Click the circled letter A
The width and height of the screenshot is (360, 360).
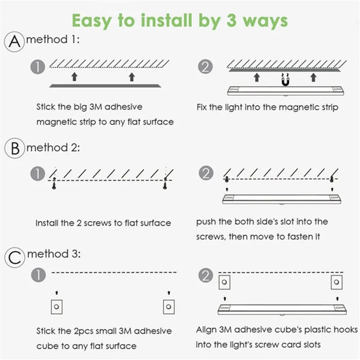click(x=14, y=42)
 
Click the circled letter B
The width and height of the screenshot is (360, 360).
click(x=14, y=148)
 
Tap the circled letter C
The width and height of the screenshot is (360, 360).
click(x=15, y=257)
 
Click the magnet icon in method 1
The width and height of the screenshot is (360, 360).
click(x=285, y=80)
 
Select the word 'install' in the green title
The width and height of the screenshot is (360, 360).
click(x=166, y=21)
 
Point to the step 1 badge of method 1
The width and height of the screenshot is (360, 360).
click(x=38, y=67)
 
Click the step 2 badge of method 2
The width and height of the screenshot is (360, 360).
click(x=206, y=173)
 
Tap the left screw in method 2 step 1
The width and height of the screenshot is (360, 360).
click(x=54, y=183)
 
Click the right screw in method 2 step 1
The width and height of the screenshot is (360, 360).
click(x=165, y=183)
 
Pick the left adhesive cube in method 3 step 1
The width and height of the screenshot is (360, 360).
click(x=57, y=307)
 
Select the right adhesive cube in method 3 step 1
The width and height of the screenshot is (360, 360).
click(x=169, y=307)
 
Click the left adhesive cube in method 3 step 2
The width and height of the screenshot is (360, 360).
click(x=225, y=282)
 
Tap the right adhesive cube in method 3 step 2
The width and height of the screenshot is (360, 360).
click(x=337, y=282)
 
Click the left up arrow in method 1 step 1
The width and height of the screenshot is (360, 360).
click(x=74, y=76)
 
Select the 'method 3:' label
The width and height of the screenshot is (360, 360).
click(x=54, y=254)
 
